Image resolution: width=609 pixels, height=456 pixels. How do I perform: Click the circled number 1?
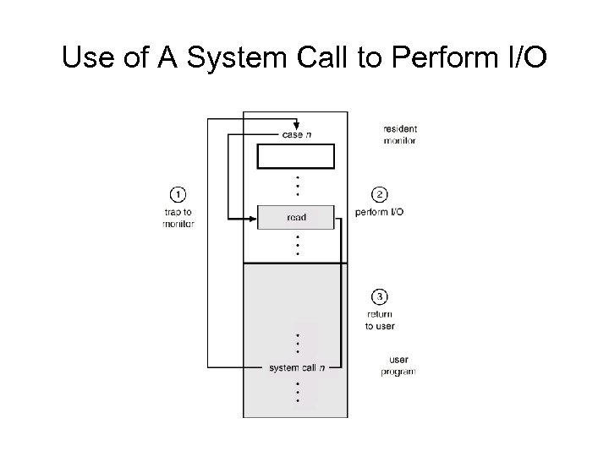(178, 193)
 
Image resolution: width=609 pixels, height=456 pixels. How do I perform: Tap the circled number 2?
(380, 193)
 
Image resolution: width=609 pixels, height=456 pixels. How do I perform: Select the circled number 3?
(380, 296)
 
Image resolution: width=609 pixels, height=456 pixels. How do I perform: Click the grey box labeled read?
(296, 217)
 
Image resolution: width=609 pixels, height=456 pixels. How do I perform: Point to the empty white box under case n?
(296, 157)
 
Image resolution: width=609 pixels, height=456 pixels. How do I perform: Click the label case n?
(296, 135)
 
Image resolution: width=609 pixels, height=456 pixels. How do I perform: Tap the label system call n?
(296, 367)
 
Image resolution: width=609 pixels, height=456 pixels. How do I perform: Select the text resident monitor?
(399, 134)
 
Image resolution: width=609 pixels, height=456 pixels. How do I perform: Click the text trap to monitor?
(178, 218)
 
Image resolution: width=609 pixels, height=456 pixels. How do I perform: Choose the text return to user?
(380, 320)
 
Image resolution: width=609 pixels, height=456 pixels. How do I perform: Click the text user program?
(398, 366)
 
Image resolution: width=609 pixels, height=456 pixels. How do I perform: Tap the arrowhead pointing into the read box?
(254, 217)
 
